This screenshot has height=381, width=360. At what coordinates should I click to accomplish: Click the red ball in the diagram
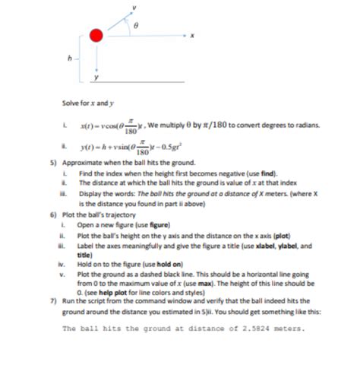[95, 35]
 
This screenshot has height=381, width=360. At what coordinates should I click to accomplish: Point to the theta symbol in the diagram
[136, 26]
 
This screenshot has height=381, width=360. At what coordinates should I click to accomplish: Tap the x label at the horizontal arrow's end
[193, 35]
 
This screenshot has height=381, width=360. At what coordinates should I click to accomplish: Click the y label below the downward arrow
[96, 76]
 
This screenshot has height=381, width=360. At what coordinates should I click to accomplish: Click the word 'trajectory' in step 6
[118, 217]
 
